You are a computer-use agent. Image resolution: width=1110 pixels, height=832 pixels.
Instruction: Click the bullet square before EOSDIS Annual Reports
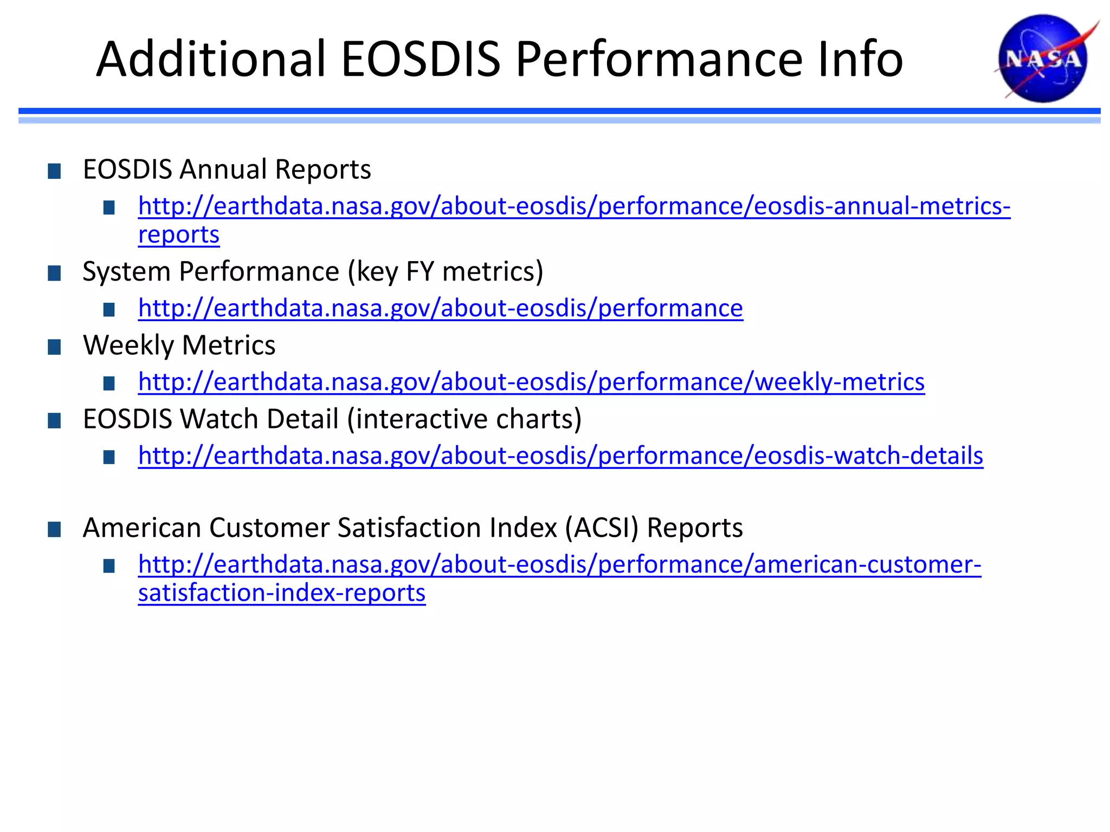pos(54,172)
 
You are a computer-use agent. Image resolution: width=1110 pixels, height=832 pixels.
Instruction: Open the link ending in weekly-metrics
pos(531,382)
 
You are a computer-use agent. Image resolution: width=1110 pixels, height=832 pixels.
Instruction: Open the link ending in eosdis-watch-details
pos(560,456)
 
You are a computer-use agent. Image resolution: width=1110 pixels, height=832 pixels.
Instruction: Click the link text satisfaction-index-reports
pos(282,593)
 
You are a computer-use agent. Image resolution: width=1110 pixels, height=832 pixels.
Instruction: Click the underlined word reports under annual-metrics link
pos(179,235)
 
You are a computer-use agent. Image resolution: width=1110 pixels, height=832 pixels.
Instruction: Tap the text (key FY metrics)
pos(445,271)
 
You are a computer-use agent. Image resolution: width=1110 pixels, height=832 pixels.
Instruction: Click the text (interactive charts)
pos(464,419)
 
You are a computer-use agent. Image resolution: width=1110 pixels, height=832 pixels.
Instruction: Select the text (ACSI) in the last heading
pos(602,528)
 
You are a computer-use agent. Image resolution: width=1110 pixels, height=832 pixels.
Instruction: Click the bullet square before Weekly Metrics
pos(54,347)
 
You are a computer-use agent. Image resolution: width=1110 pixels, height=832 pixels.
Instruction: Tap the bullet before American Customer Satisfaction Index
pos(54,530)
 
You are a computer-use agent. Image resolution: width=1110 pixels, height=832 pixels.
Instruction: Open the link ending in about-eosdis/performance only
pos(440,308)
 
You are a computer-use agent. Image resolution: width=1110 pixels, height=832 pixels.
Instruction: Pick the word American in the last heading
pos(142,528)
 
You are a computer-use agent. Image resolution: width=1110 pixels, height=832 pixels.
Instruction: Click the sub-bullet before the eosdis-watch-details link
pos(109,458)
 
